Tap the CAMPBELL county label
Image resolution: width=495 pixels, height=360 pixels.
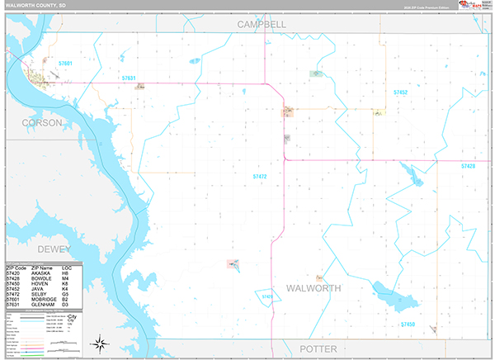pos(262,25)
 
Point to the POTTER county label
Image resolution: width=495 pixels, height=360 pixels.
pos(324,348)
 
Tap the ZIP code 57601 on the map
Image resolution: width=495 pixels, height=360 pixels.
pos(66,64)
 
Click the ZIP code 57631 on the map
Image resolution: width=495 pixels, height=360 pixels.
pos(128,78)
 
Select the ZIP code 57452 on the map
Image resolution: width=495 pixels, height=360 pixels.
pos(401,92)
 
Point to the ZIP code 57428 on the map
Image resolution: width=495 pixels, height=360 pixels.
pos(468,167)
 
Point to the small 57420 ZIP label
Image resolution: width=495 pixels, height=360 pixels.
pos(267,295)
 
